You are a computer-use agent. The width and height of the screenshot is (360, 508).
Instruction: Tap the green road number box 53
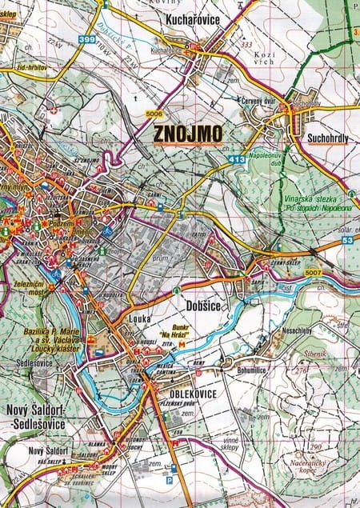tap(348, 239)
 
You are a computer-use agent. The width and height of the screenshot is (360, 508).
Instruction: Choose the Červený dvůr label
tap(259, 101)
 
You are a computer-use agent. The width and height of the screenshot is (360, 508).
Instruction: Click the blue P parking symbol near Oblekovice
tap(168, 480)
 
